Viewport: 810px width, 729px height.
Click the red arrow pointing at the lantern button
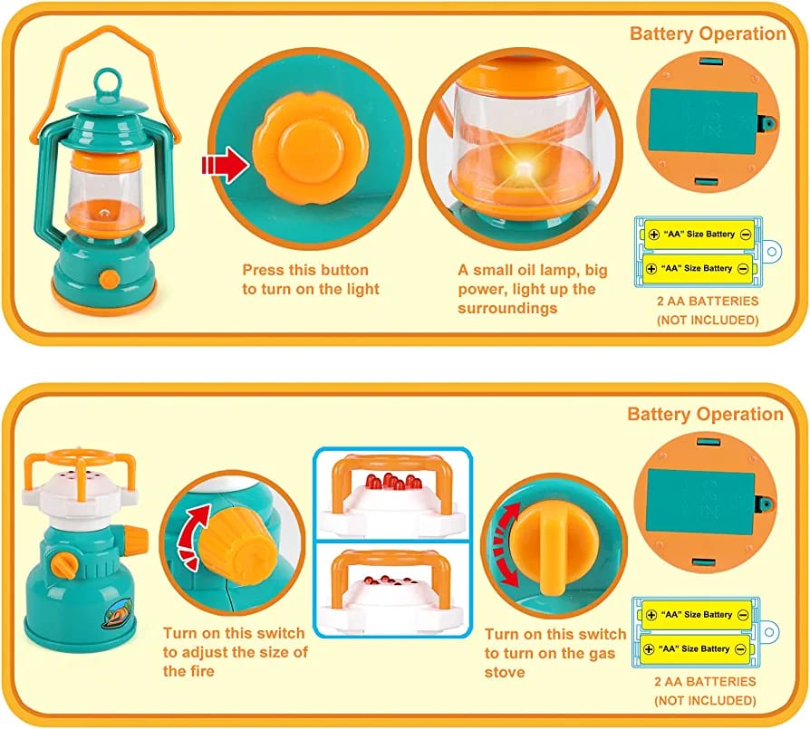(x=225, y=164)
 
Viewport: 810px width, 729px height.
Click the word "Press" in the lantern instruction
(x=263, y=270)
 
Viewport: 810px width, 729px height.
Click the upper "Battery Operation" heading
(x=708, y=34)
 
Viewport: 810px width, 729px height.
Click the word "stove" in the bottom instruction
(x=505, y=673)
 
